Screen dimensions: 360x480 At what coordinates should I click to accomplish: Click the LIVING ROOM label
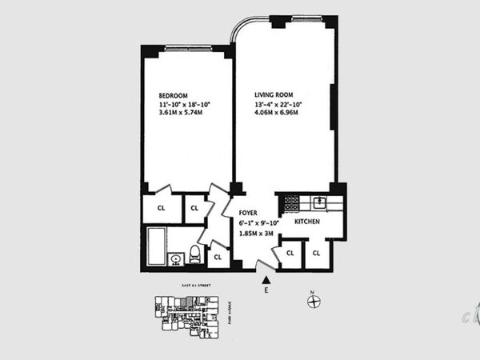[272, 94]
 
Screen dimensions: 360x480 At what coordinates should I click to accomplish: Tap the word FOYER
[249, 214]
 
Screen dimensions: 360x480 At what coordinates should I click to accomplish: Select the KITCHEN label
[309, 221]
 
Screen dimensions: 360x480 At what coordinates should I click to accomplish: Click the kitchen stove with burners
[291, 202]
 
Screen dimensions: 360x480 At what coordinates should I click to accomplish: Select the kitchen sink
[319, 202]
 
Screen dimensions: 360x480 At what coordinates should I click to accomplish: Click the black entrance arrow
[266, 278]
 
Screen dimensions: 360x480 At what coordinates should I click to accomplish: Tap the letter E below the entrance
[266, 291]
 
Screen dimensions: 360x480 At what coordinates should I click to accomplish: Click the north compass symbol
[314, 302]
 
